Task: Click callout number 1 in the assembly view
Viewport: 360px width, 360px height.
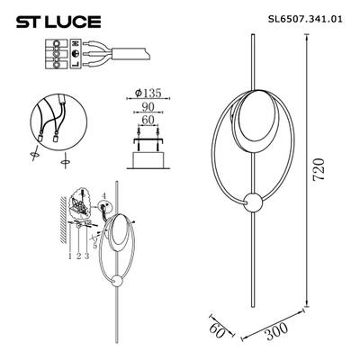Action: point(68,256)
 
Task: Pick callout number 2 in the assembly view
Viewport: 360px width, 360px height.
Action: point(78,256)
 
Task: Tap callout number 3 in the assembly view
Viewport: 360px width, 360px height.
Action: point(88,256)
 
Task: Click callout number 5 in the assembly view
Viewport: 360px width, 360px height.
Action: point(95,242)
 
